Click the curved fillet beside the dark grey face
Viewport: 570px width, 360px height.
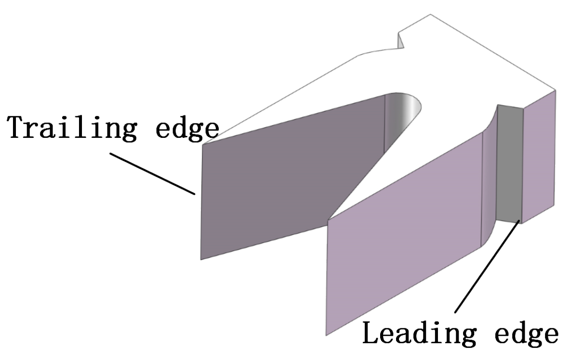pyautogui.click(x=489, y=178)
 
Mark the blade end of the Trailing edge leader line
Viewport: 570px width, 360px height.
pyautogui.click(x=195, y=194)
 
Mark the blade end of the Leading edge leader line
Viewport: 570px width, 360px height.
pyautogui.click(x=519, y=222)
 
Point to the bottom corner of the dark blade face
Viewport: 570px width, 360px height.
pyautogui.click(x=201, y=259)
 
